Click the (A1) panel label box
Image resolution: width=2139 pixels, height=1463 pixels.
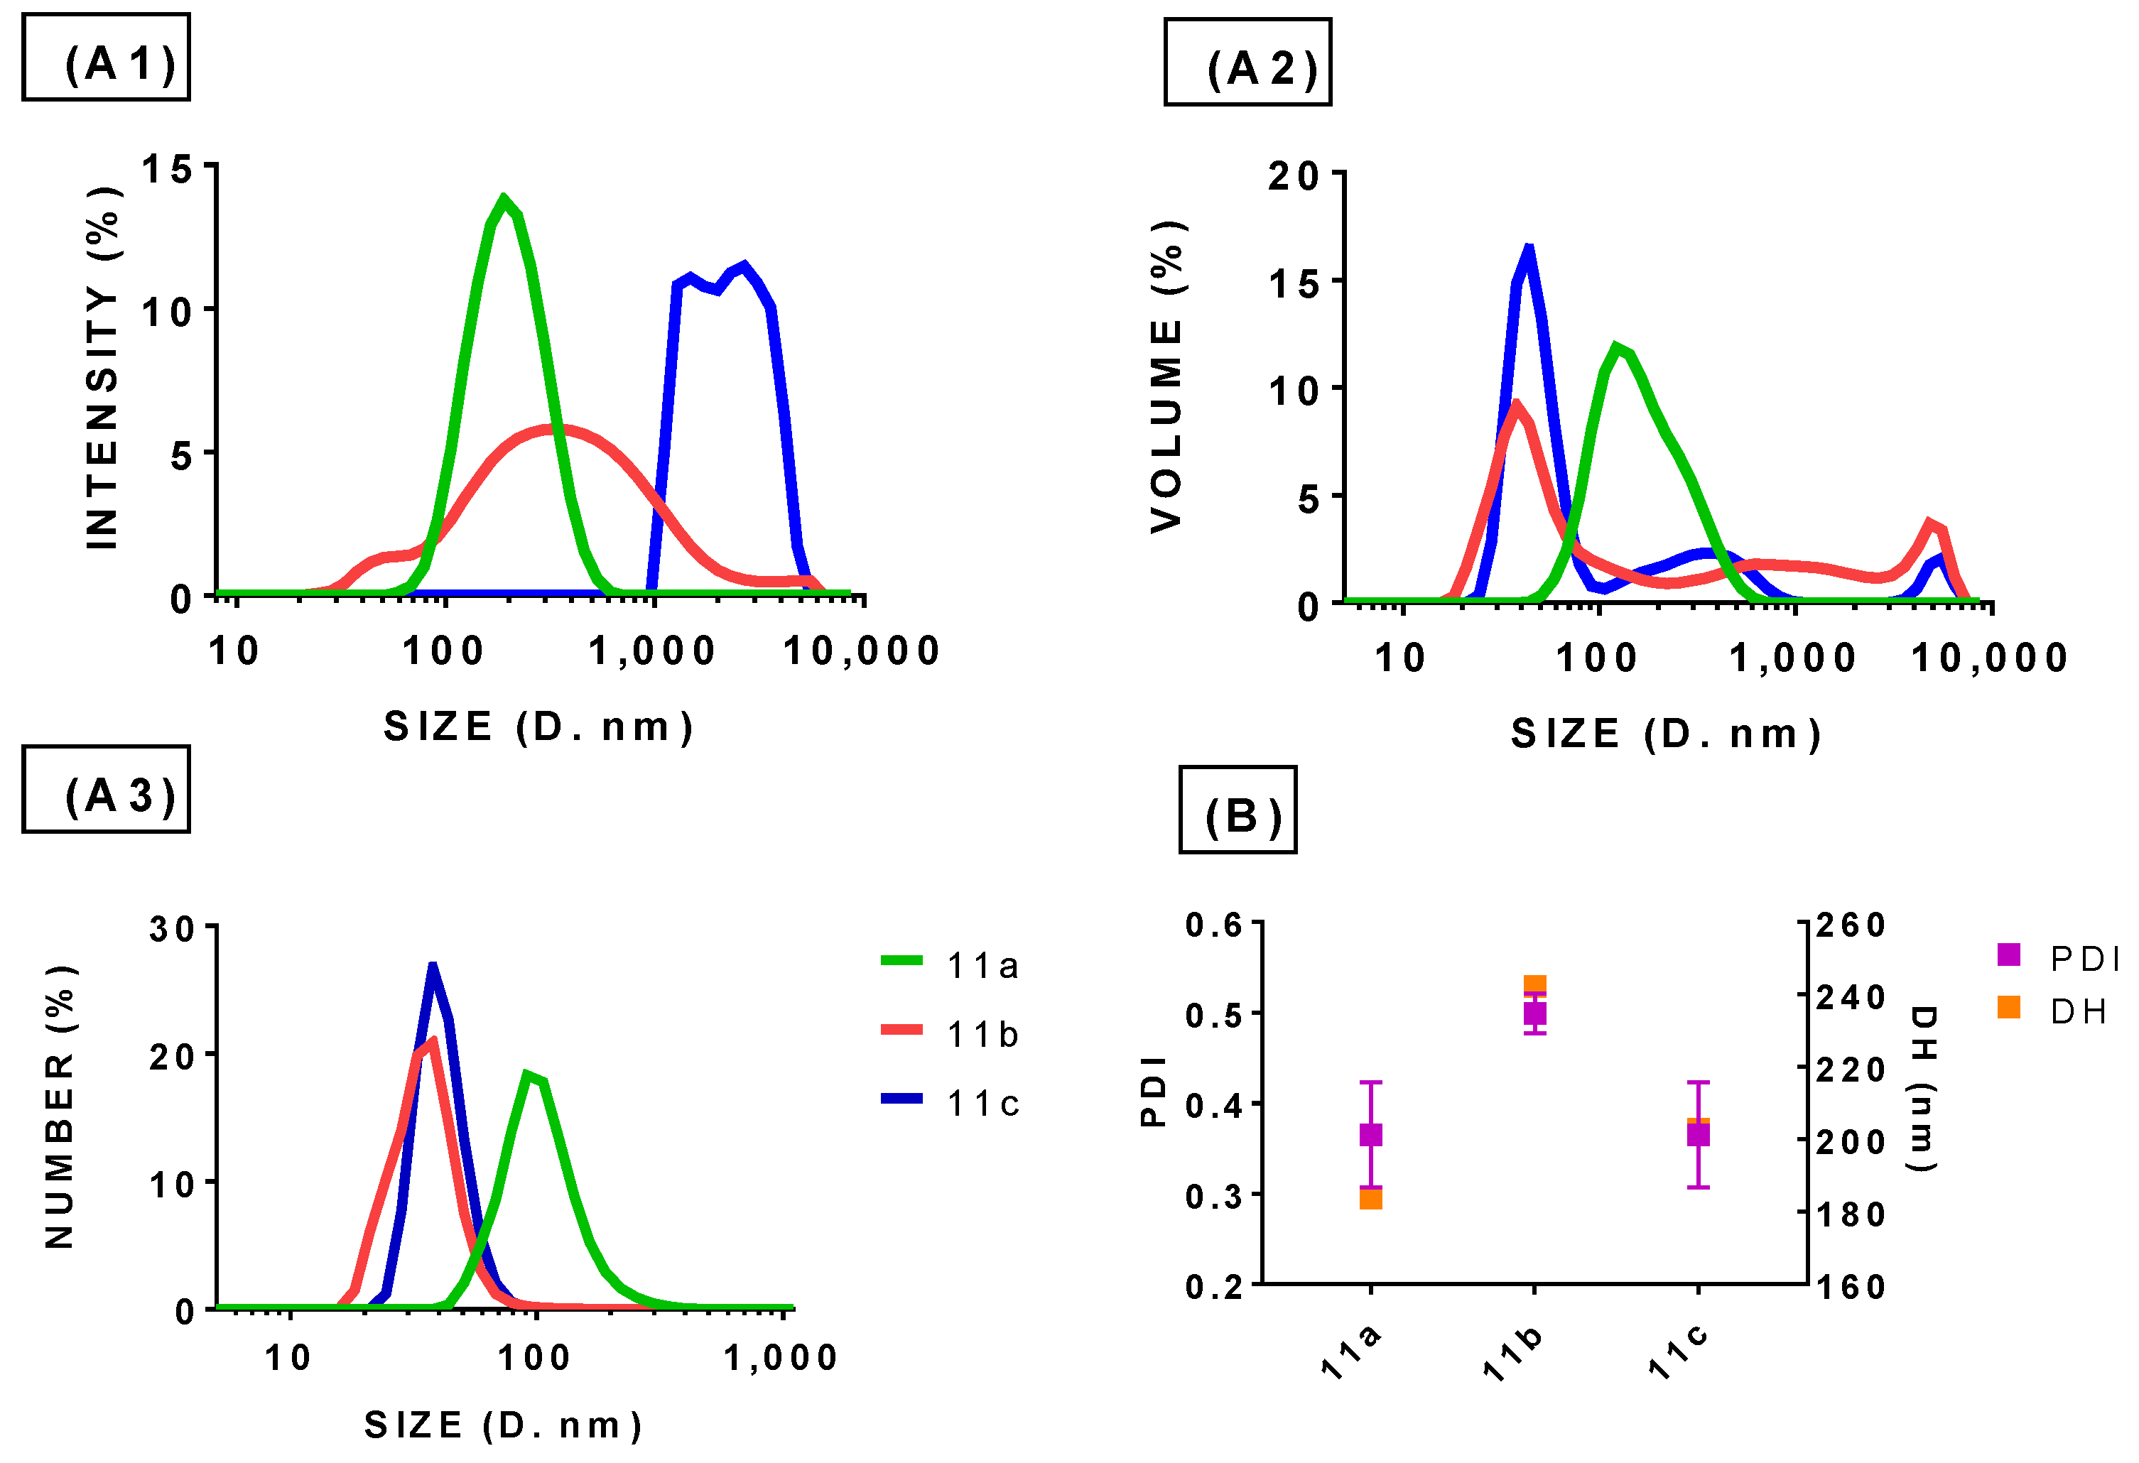106,57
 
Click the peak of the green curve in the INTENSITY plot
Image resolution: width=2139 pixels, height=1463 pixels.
502,198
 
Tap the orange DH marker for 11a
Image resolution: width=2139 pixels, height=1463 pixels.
1370,1198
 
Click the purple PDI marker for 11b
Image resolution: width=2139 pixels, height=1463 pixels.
1534,1013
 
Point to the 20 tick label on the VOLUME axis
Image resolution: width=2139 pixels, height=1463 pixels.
1293,175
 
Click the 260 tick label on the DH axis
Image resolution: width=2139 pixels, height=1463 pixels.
1851,925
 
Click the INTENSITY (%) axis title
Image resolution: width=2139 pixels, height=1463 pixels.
102,368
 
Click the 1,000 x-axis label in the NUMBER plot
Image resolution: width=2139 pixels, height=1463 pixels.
781,1358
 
